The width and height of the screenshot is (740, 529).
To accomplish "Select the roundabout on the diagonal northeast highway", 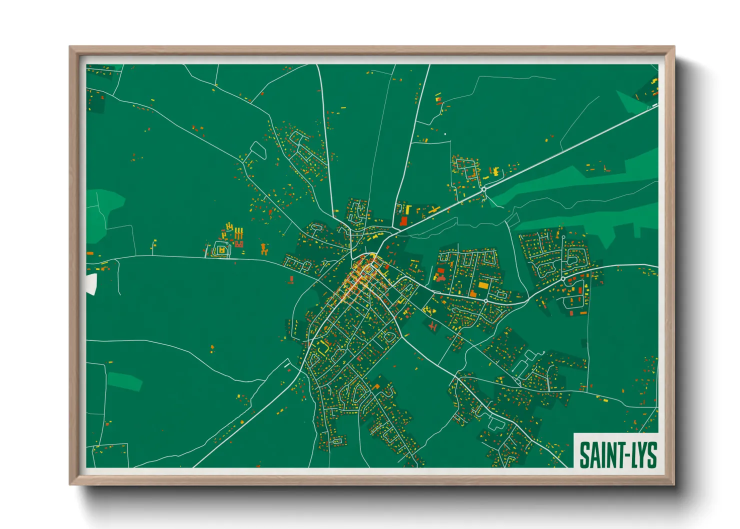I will tap(484, 190).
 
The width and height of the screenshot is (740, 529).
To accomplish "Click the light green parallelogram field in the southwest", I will tap(125, 381).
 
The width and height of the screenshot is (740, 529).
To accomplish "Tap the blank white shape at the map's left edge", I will tap(91, 283).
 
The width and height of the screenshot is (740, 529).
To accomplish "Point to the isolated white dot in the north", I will tap(445, 134).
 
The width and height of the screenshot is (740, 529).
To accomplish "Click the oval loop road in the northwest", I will tap(258, 150).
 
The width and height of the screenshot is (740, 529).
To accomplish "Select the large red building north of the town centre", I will tap(403, 221).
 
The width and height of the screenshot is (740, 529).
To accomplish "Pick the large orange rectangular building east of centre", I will tap(483, 285).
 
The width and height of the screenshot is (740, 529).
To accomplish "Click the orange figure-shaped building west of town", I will tap(264, 248).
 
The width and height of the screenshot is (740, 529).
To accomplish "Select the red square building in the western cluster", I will tap(239, 244).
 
